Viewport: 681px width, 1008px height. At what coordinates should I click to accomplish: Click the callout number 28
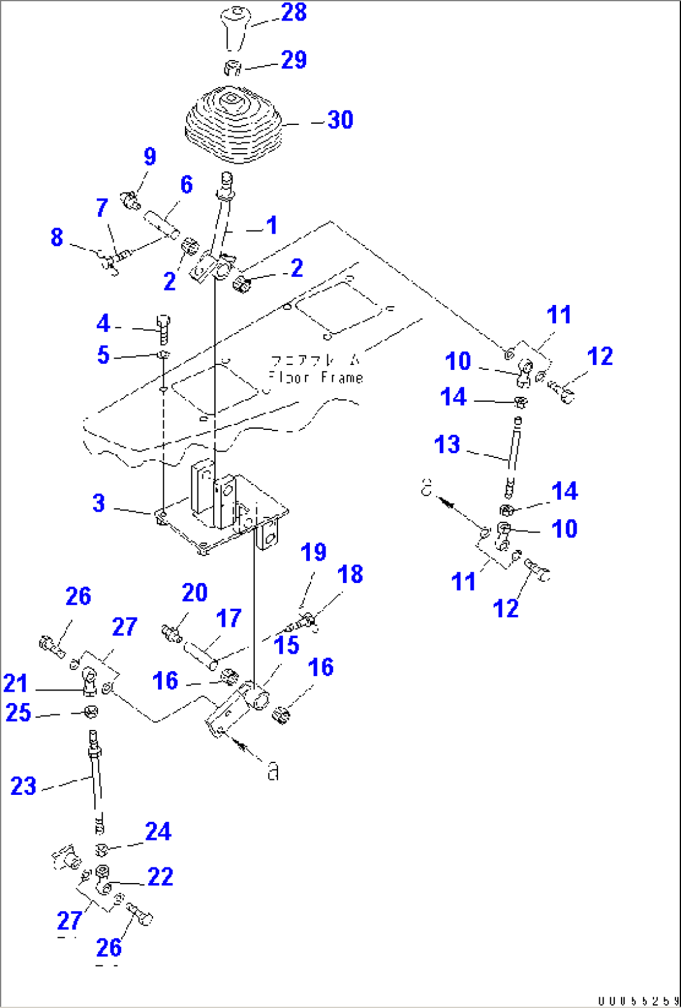tap(294, 12)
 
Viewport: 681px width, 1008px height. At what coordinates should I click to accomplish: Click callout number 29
tap(294, 60)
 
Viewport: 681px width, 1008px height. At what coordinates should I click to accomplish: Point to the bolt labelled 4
tap(164, 329)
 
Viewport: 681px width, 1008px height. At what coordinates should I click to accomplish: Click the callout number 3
tap(99, 503)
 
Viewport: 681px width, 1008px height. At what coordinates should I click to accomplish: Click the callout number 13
tap(447, 445)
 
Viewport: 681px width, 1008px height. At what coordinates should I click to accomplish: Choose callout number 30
tap(341, 119)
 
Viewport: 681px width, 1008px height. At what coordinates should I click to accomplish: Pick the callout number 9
tap(150, 156)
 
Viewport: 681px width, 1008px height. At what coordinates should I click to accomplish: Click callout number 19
tap(314, 552)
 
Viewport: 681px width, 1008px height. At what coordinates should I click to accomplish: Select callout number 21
tap(16, 683)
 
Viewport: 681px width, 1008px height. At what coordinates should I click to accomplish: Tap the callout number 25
tap(18, 712)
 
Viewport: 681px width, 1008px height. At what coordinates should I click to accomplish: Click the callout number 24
tap(157, 832)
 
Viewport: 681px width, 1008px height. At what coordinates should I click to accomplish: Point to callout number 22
tap(160, 877)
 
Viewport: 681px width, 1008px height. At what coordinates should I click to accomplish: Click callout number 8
tap(57, 237)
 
